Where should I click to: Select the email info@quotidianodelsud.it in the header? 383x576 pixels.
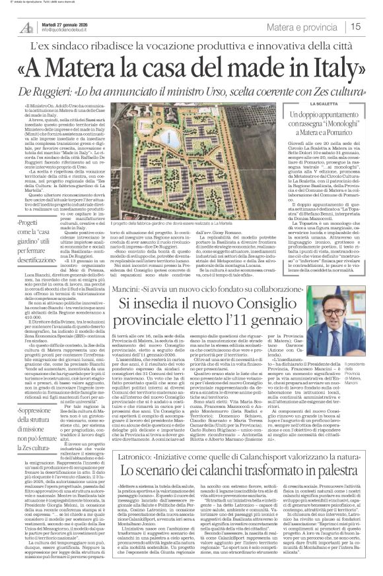point(69,30)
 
